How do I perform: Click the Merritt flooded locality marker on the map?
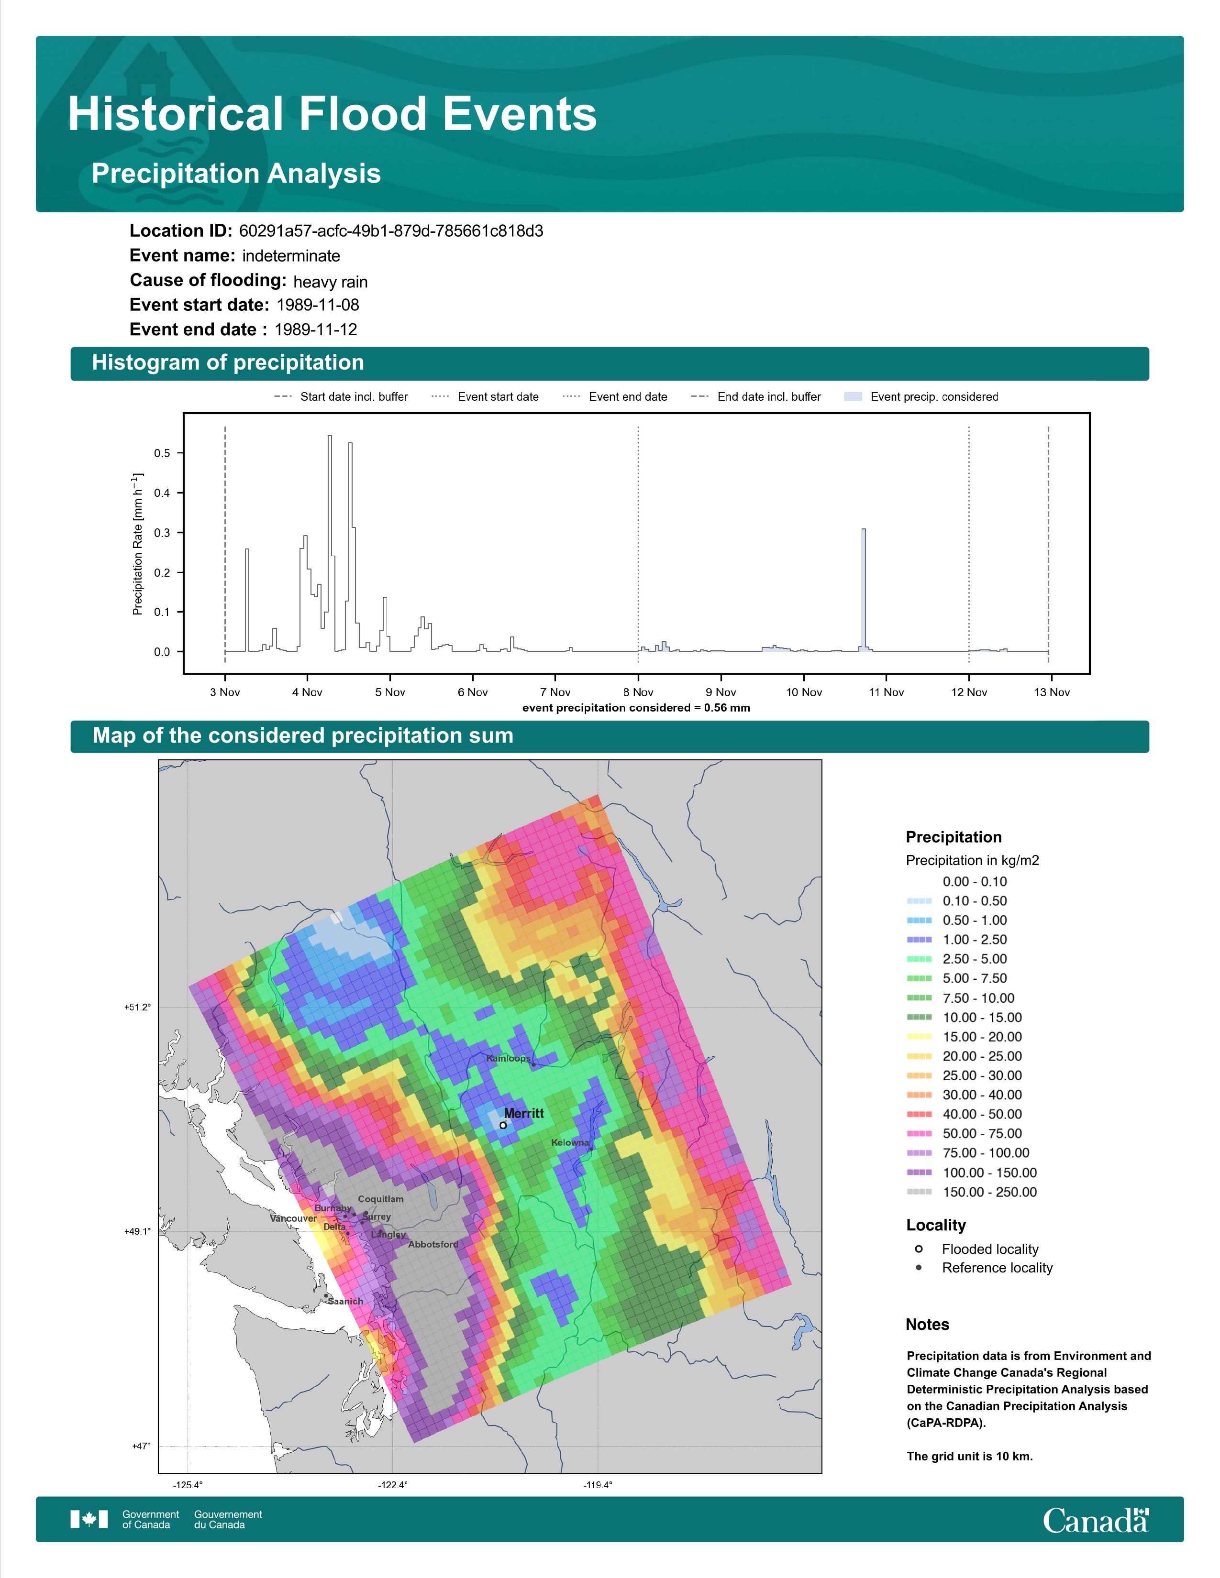click(x=503, y=1125)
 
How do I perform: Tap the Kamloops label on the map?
click(x=508, y=1059)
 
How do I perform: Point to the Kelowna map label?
click(x=570, y=1142)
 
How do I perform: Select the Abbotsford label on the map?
click(x=433, y=1244)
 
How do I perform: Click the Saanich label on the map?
click(x=345, y=1301)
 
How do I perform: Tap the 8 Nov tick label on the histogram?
click(x=638, y=692)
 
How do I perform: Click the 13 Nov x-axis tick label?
click(x=1052, y=692)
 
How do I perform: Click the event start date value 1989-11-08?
click(x=318, y=305)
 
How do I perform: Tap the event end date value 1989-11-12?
click(x=316, y=329)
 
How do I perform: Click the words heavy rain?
click(x=330, y=282)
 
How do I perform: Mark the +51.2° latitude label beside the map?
click(x=137, y=1007)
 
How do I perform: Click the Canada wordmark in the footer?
click(x=1096, y=1521)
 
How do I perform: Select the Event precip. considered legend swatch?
click(x=854, y=397)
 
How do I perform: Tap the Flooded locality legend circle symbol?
click(x=919, y=1249)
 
